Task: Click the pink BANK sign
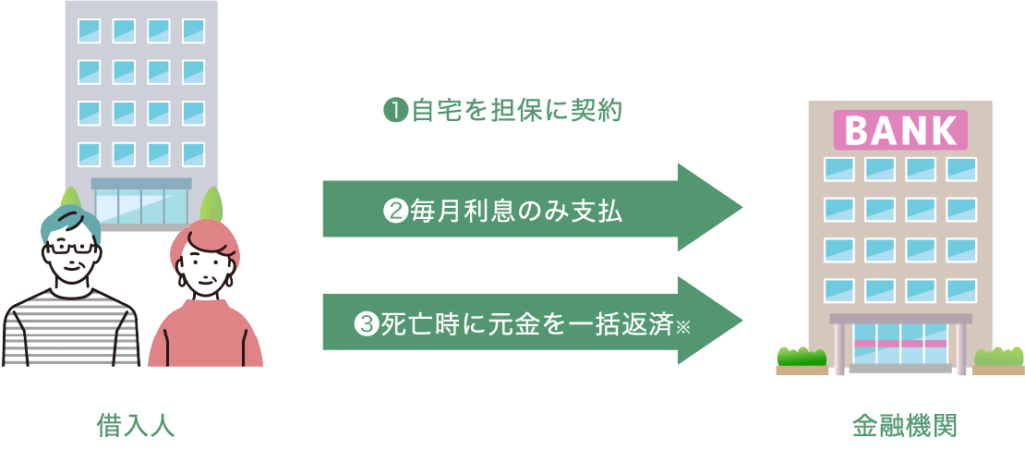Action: [900, 130]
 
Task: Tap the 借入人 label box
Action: [136, 425]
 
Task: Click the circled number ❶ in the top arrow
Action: [394, 111]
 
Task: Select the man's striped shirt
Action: [69, 328]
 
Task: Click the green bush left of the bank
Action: [802, 356]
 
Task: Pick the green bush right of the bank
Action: [1000, 356]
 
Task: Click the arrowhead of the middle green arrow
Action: [716, 208]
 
